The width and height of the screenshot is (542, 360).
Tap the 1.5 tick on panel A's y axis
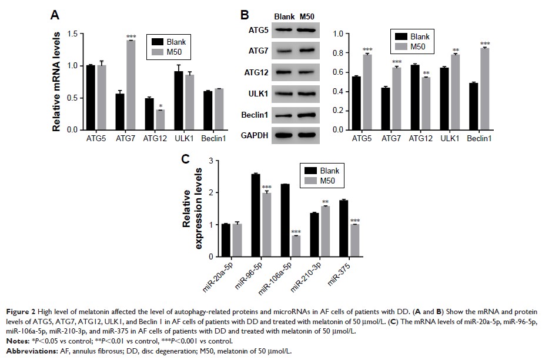point(73,34)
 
